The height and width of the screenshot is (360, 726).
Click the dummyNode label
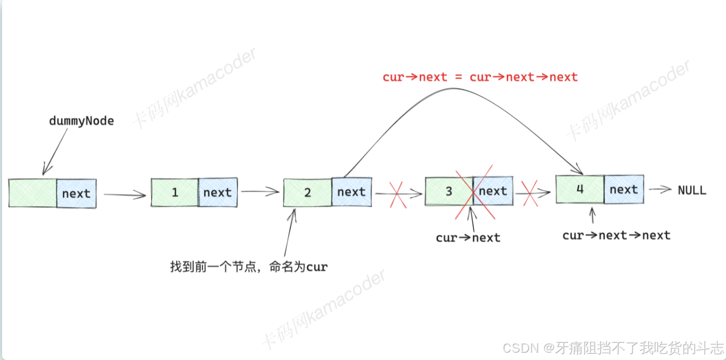pos(81,121)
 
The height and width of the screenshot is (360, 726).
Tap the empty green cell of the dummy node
pos(32,193)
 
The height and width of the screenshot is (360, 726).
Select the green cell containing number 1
pos(175,193)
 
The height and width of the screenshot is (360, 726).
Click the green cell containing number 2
pos(307,193)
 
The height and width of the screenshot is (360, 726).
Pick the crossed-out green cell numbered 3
pos(449,191)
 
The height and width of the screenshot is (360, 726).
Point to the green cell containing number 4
pos(579,189)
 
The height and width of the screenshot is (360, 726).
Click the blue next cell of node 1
pos(218,193)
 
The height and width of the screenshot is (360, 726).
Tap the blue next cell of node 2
pos(352,192)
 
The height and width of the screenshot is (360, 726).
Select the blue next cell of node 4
pos(624,189)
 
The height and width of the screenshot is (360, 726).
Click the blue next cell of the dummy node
pos(76,194)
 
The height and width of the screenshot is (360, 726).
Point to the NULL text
pos(692,190)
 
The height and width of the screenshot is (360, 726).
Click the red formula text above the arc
pos(480,77)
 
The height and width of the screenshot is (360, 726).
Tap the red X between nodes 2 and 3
pos(397,195)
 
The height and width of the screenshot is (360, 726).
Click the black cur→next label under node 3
pos(468,238)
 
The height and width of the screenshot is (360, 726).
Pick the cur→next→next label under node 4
pos(616,235)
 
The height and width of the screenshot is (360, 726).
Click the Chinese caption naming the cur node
pos(249,267)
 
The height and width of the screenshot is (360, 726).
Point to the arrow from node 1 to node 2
pos(260,192)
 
